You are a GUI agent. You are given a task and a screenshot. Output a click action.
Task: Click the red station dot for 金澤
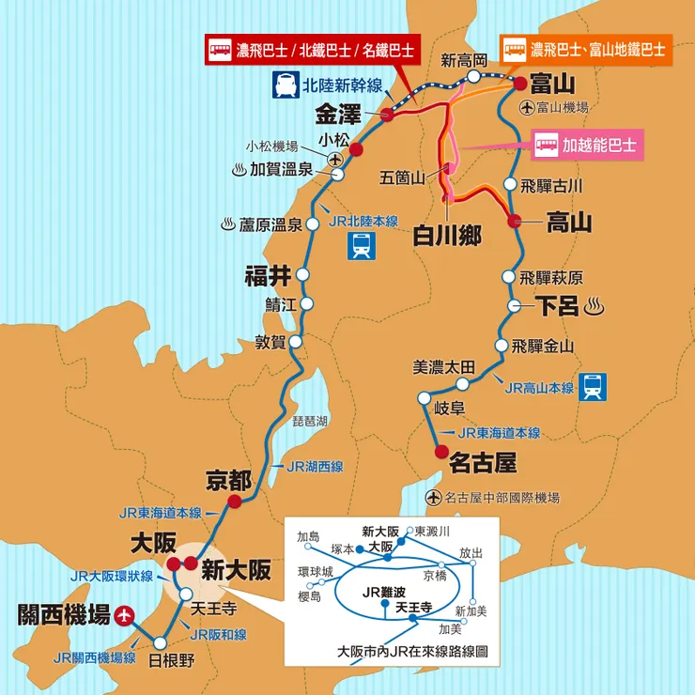click(x=387, y=115)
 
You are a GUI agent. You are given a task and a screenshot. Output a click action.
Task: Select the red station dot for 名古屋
click(x=441, y=453)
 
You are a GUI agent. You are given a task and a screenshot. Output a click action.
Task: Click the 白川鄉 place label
click(x=447, y=234)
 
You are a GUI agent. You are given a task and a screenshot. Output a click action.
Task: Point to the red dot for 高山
click(x=514, y=222)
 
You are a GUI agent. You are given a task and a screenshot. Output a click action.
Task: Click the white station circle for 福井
click(x=302, y=273)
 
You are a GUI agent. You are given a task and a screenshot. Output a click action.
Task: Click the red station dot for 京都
click(x=234, y=502)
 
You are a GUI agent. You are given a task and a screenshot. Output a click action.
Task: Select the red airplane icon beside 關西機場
click(x=125, y=615)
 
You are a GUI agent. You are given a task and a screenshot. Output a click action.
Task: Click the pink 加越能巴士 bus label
click(x=585, y=146)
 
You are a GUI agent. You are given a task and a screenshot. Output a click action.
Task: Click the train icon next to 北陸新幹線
click(x=283, y=85)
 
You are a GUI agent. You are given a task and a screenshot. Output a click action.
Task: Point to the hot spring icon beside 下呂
click(x=594, y=305)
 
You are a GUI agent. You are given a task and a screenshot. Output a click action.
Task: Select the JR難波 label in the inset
click(x=387, y=592)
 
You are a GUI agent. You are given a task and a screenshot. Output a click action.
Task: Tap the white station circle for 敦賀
click(x=296, y=342)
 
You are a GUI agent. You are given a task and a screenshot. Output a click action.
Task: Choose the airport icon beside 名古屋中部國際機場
click(x=433, y=497)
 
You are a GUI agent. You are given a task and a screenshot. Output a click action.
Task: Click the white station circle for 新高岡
click(x=475, y=76)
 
